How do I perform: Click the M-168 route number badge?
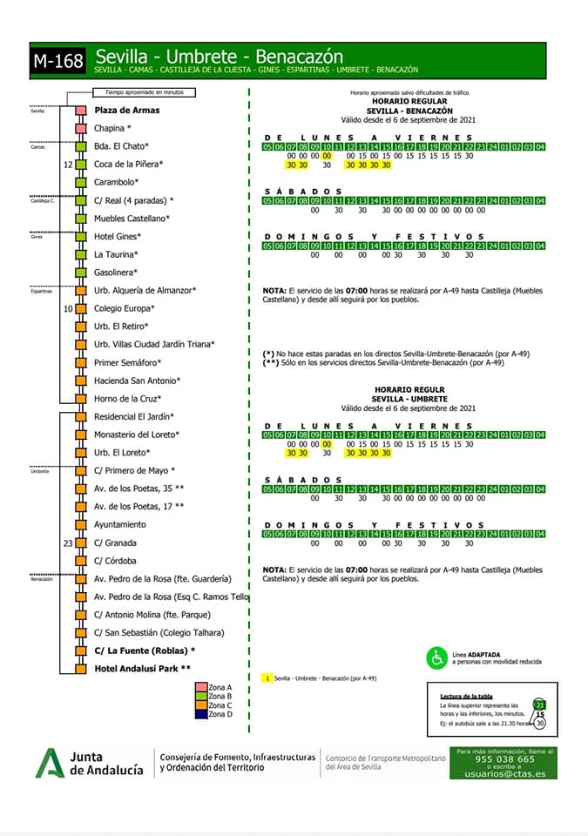tap(58, 62)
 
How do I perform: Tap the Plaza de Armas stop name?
tap(127, 111)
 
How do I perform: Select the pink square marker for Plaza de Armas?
tap(80, 111)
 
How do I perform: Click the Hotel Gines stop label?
tap(118, 237)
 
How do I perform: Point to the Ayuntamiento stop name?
tap(120, 524)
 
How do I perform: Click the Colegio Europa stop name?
tap(125, 308)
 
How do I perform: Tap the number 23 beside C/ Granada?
tap(68, 543)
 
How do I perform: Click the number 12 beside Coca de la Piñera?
tap(68, 164)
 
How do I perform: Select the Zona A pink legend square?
tap(202, 687)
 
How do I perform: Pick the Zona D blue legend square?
tap(202, 714)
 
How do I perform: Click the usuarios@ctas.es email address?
tap(504, 773)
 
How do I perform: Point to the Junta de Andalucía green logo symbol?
tap(50, 763)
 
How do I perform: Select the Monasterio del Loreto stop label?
tap(137, 435)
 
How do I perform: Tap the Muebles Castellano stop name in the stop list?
tap(132, 219)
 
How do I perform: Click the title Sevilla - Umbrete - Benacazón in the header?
tap(219, 57)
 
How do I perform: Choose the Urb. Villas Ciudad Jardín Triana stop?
tap(154, 344)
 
